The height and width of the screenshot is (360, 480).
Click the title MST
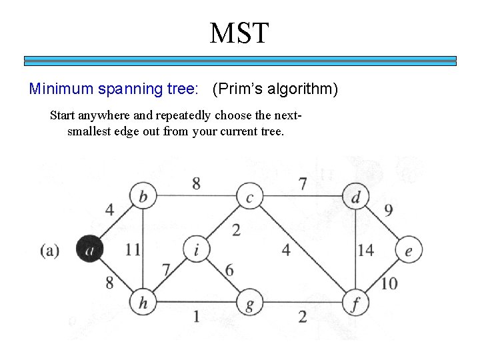(x=239, y=33)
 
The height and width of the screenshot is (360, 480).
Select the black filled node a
(x=89, y=250)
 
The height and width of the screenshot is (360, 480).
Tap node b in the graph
(x=143, y=197)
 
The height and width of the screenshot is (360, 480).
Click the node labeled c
(x=250, y=197)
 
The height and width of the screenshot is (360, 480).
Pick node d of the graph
(x=355, y=197)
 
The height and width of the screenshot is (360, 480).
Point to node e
(x=408, y=251)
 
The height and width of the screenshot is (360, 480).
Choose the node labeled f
(x=355, y=303)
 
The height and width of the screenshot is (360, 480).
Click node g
(x=250, y=303)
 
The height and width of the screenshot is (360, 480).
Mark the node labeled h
(x=143, y=303)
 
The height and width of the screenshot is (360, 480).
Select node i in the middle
(x=196, y=250)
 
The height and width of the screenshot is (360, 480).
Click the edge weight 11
(x=133, y=250)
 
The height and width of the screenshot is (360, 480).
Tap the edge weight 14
(x=365, y=250)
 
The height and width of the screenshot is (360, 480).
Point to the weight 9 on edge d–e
(x=389, y=211)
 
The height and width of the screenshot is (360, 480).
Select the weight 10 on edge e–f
(x=389, y=283)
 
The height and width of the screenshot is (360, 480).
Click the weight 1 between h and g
(x=196, y=316)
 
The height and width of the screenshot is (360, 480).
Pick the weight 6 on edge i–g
(x=229, y=270)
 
